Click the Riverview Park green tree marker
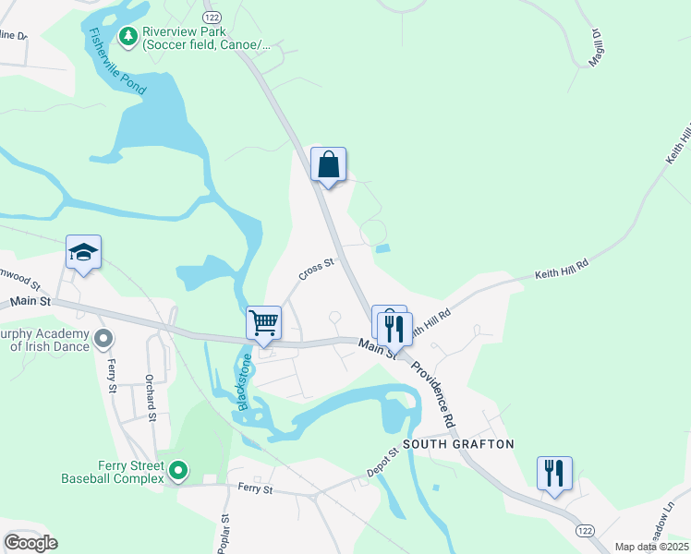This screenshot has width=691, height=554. (x=127, y=37)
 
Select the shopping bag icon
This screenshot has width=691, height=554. (x=328, y=165)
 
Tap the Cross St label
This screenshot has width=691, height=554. (x=315, y=270)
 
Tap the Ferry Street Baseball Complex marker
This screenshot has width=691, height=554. (x=178, y=472)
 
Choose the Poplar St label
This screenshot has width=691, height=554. (x=223, y=534)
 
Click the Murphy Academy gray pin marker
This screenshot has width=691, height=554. (x=103, y=338)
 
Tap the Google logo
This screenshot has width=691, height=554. (x=30, y=542)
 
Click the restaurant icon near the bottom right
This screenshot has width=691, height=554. (x=553, y=474)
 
